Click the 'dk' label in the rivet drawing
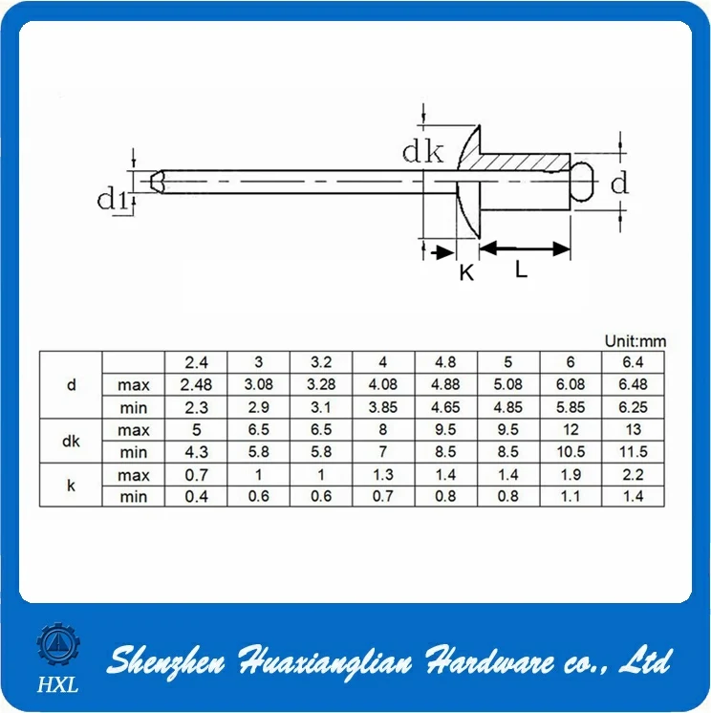click(x=422, y=151)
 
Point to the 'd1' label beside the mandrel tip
click(x=112, y=199)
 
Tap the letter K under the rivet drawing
click(x=466, y=272)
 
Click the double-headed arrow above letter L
click(x=525, y=248)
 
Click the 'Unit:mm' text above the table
click(x=636, y=341)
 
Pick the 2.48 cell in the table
click(x=196, y=384)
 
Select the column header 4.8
click(x=445, y=362)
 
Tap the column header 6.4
click(x=633, y=362)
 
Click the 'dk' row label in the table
click(x=71, y=441)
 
